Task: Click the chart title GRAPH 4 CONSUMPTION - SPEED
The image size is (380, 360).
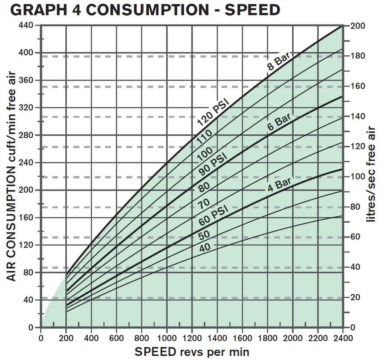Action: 145,10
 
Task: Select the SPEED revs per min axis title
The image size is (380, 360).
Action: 191,351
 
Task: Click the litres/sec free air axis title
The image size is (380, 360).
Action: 371,174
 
